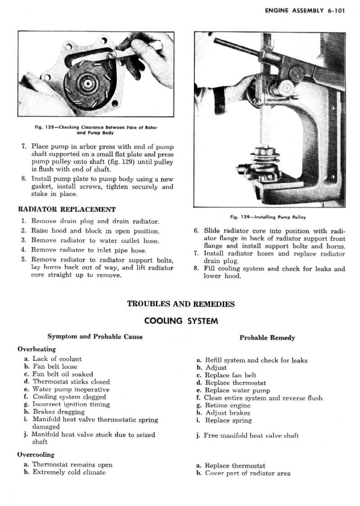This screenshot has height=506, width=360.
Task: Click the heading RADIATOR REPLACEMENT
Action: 67,209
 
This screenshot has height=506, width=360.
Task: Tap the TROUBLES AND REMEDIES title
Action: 181,304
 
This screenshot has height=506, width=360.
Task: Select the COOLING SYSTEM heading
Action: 181,321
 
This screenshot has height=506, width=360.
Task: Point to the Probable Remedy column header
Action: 267,337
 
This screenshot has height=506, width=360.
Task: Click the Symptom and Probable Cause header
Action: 95,336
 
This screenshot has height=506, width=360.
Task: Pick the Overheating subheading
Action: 36,349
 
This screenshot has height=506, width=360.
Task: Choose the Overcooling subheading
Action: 36,455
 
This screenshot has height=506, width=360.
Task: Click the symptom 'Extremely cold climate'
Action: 69,472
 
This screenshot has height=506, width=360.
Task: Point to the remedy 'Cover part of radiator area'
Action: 247,473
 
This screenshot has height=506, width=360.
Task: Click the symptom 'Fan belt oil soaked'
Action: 63,374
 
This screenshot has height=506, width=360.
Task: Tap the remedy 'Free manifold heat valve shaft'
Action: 251,435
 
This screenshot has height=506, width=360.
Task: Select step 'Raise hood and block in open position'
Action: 95,231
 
